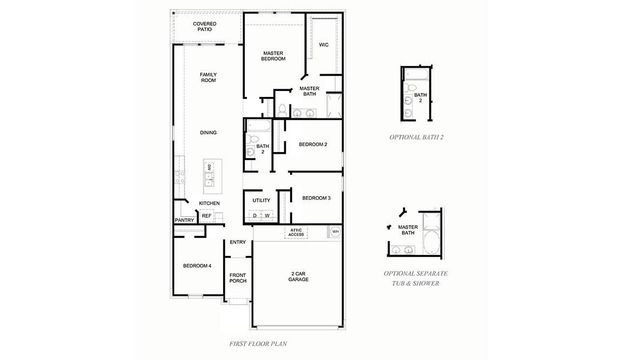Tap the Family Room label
click(208, 78)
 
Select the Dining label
click(208, 132)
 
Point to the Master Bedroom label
click(275, 56)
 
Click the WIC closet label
click(323, 45)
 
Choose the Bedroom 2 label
click(313, 145)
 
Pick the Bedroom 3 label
click(316, 197)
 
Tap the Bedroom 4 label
click(196, 265)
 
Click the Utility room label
click(261, 200)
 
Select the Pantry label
click(184, 220)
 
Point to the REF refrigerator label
click(207, 215)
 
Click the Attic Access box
click(296, 232)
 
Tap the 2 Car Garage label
click(298, 276)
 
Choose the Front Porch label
click(238, 278)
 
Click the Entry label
click(238, 242)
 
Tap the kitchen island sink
click(210, 179)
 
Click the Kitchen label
click(208, 203)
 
